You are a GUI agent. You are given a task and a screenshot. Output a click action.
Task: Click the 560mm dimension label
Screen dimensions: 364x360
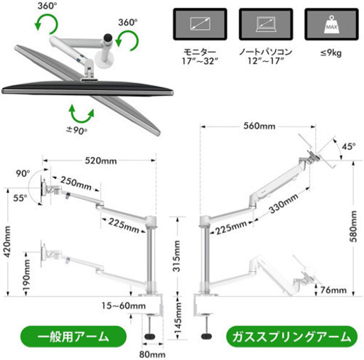259,126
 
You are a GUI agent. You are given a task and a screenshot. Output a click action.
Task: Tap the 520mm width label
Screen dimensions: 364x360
101,160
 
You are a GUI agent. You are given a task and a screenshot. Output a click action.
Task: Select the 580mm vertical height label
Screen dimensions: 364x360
353,227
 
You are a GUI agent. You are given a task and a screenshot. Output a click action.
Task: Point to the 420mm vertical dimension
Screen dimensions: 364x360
7,241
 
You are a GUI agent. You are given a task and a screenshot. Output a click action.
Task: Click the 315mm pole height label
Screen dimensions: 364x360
176,256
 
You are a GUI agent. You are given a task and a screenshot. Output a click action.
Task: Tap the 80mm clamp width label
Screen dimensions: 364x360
152,354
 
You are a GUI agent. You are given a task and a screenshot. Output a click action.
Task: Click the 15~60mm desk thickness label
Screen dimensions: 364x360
124,305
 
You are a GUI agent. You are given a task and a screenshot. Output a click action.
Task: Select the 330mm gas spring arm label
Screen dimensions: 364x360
284,203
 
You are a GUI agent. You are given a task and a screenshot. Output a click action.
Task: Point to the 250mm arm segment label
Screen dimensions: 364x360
76,183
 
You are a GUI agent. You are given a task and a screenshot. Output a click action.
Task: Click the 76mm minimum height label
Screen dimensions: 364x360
333,290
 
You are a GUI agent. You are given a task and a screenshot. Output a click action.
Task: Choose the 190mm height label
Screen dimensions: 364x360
26,276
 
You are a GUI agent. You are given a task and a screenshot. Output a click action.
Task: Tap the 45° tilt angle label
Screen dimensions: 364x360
348,146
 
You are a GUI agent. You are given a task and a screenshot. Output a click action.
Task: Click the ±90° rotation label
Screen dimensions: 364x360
77,130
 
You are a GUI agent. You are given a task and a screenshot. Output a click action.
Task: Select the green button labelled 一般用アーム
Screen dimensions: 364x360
73,337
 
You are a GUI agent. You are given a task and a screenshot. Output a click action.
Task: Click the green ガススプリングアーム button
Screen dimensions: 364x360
291,337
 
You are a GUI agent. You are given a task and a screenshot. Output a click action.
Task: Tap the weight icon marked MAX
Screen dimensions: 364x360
331,24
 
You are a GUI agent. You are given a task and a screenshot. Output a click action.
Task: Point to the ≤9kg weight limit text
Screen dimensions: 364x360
331,53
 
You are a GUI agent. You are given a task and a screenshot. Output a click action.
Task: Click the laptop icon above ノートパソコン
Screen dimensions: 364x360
266,24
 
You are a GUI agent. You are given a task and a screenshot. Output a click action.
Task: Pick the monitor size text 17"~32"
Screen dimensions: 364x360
200,61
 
